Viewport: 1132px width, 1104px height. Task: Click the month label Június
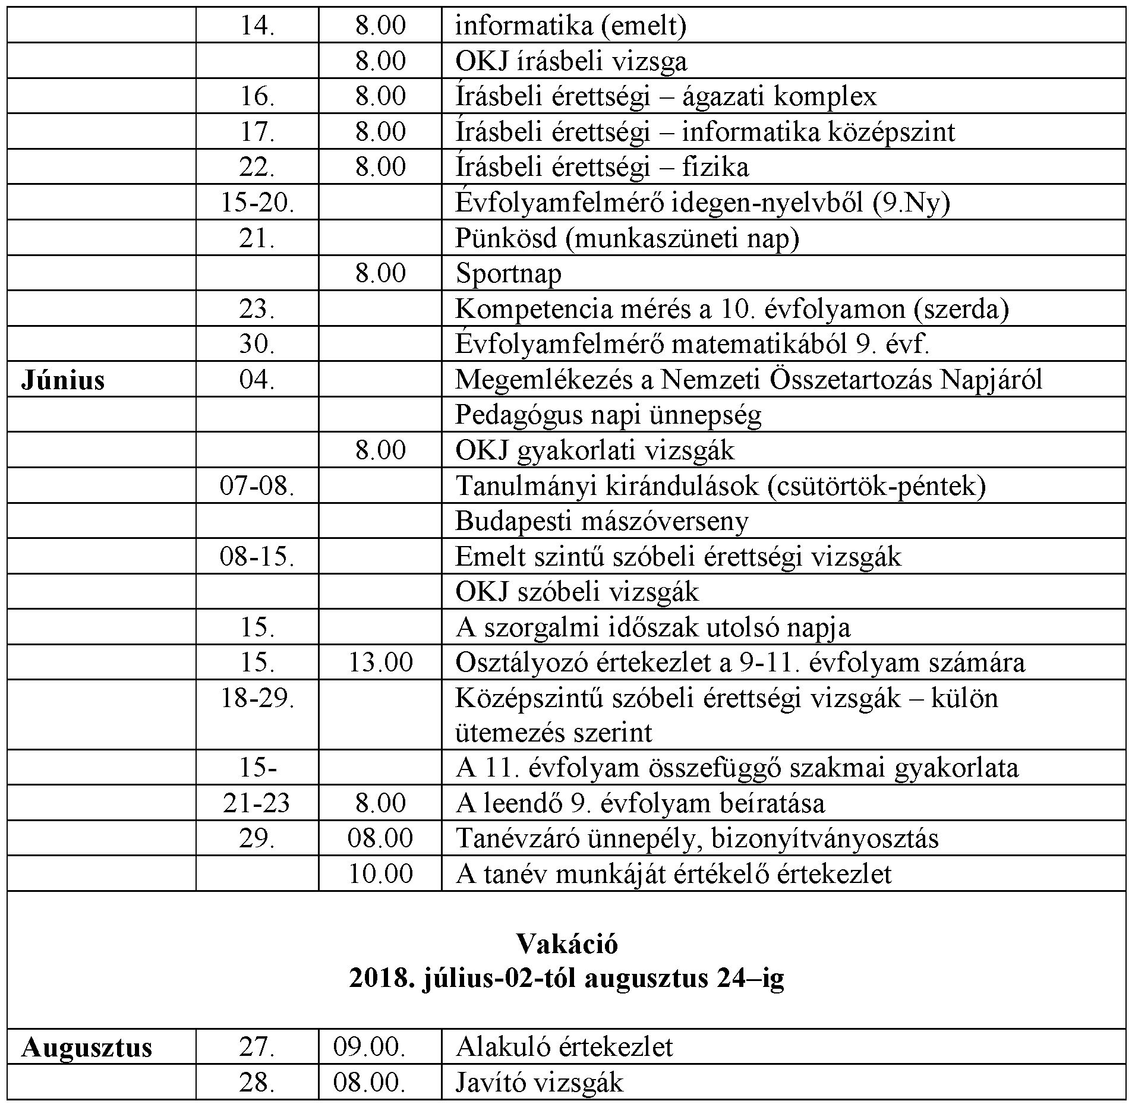point(62,380)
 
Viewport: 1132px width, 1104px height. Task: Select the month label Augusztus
point(87,1047)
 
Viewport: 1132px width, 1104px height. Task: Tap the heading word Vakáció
point(566,944)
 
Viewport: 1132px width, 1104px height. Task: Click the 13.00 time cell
point(380,663)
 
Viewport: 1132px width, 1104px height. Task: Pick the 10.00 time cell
point(380,874)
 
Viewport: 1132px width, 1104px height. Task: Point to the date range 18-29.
point(257,698)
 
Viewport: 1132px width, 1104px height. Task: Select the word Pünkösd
point(506,238)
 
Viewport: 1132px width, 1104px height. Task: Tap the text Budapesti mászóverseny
point(601,521)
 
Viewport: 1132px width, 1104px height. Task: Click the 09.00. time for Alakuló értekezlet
point(369,1047)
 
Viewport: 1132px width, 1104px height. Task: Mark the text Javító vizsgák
point(539,1083)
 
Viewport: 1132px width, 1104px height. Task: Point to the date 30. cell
point(257,344)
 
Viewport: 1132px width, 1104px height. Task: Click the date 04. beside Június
point(257,380)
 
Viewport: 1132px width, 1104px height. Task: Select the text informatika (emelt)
point(570,26)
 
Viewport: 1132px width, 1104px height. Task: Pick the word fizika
point(715,168)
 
